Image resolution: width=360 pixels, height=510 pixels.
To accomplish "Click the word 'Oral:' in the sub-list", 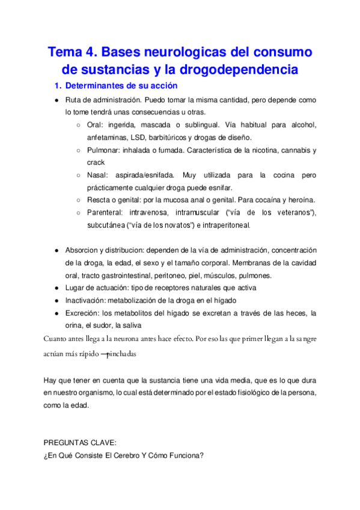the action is pos(96,125).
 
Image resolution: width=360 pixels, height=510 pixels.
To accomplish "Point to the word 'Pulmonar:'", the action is pos(105,150).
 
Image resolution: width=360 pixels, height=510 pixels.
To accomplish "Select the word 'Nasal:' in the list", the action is pos(99,175).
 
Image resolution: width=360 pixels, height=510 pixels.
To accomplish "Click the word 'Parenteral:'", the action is pos(106,213).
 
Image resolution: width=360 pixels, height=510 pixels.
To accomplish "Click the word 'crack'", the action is pos(96,162).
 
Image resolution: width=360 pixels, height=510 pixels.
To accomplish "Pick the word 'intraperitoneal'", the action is pos(224,226).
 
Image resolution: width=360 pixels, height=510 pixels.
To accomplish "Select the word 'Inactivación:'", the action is pos(85,300).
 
